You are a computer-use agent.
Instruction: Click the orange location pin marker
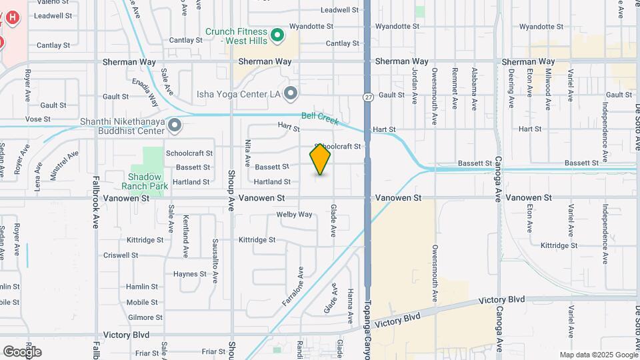[320, 159]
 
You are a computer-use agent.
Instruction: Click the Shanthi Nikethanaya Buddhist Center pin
[174, 125]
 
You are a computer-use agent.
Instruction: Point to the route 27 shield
[367, 97]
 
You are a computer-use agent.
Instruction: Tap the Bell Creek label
[320, 119]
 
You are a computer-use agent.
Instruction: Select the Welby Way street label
[294, 215]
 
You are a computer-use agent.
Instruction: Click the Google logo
[22, 351]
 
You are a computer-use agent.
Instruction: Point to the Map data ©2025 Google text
[598, 355]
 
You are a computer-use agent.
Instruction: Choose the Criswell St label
[121, 255]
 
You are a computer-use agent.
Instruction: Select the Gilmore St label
[141, 318]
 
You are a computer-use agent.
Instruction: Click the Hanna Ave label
[350, 306]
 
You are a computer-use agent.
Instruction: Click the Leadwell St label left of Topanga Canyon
[339, 10]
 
